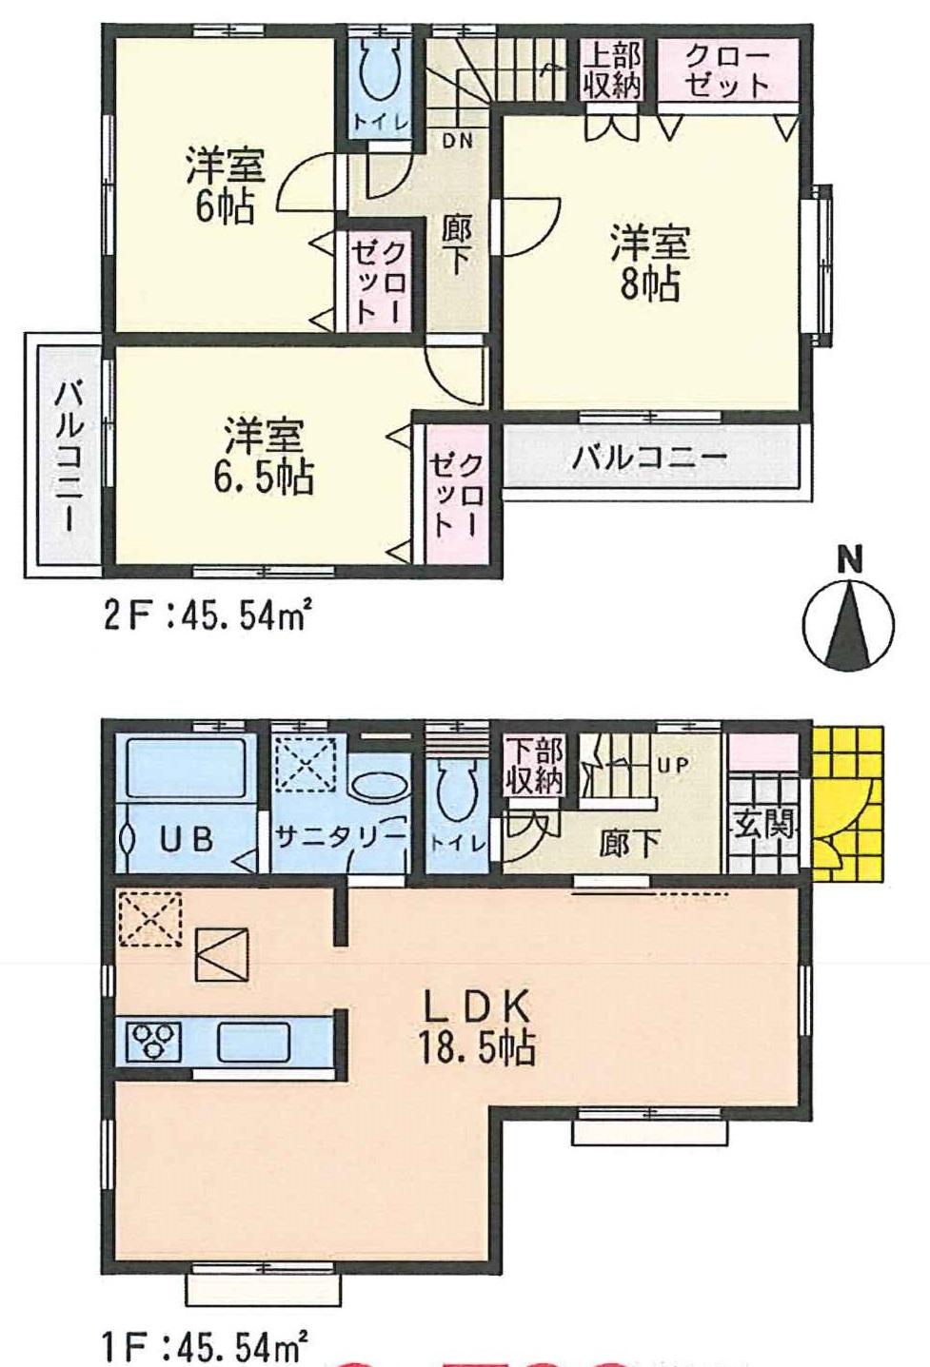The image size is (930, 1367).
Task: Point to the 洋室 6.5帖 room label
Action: (264, 457)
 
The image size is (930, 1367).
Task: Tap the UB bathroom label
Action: (187, 839)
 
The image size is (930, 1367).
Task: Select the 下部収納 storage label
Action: (534, 765)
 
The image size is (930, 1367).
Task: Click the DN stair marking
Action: (458, 139)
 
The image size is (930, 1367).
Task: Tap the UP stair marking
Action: (672, 764)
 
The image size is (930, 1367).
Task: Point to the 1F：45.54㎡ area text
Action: (206, 1347)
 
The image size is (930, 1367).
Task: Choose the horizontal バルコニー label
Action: (649, 459)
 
